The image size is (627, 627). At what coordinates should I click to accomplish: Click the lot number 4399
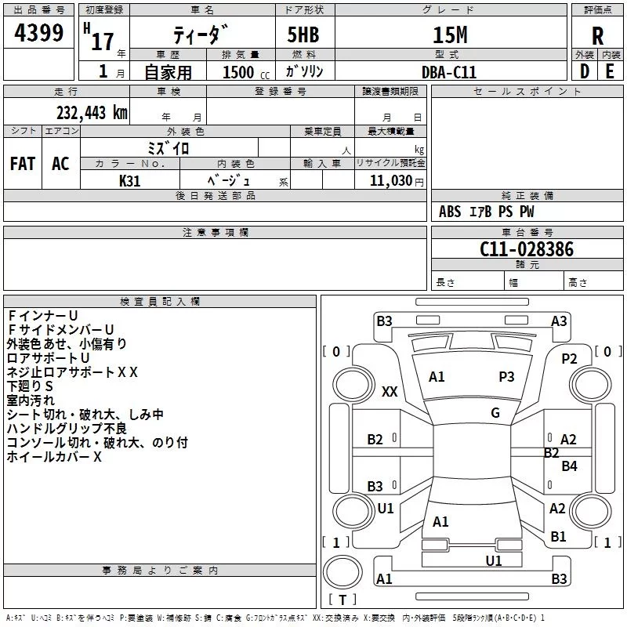pyautogui.click(x=38, y=33)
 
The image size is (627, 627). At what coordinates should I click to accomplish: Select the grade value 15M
pyautogui.click(x=450, y=35)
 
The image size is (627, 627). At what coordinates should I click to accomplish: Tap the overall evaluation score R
pyautogui.click(x=597, y=36)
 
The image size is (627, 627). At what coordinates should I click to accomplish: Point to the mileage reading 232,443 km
pyautogui.click(x=92, y=113)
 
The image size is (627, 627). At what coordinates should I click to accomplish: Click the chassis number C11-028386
pyautogui.click(x=527, y=249)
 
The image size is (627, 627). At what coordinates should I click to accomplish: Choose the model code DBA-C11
pyautogui.click(x=449, y=72)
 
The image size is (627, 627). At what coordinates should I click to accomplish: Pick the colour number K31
pyautogui.click(x=129, y=181)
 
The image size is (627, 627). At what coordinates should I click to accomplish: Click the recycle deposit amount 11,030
pyautogui.click(x=390, y=181)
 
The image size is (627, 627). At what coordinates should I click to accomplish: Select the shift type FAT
pyautogui.click(x=23, y=164)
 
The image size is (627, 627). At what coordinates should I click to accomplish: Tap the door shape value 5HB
pyautogui.click(x=303, y=35)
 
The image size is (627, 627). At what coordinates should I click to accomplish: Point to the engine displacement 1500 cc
pyautogui.click(x=246, y=72)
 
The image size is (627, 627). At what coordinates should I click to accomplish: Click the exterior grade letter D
pyautogui.click(x=585, y=71)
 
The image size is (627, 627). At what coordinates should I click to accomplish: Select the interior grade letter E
pyautogui.click(x=610, y=71)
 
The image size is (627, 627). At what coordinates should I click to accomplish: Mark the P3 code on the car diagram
pyautogui.click(x=506, y=377)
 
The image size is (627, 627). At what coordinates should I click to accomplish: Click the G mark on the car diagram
pyautogui.click(x=495, y=413)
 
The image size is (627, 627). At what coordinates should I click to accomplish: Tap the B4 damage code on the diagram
pyautogui.click(x=569, y=466)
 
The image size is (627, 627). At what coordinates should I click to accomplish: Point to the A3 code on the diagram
pyautogui.click(x=559, y=321)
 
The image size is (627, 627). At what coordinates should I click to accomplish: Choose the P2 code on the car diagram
pyautogui.click(x=569, y=359)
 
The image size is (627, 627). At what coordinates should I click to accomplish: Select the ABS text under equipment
pyautogui.click(x=450, y=212)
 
